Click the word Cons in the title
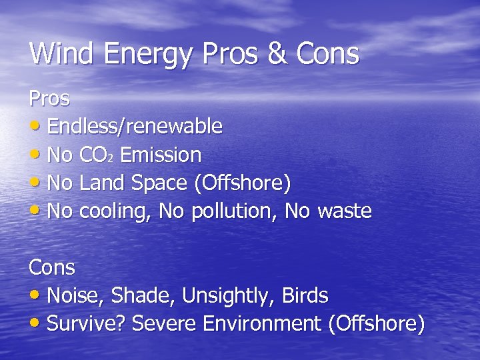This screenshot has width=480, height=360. point(323,53)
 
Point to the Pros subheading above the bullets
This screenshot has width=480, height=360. point(49,99)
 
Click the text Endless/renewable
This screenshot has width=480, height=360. point(135,127)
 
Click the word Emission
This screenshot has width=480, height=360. point(161,155)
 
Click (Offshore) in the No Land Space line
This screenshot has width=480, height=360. point(241,183)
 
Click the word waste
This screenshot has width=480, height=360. point(344,211)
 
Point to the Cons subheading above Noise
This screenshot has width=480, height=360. point(51,268)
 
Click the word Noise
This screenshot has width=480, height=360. point(73,295)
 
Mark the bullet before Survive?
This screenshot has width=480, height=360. point(36,324)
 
